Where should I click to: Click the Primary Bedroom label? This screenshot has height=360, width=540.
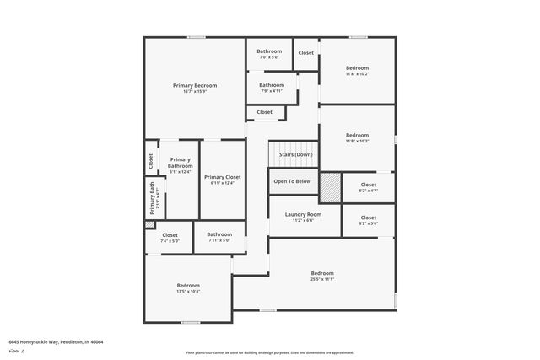pyautogui.click(x=195, y=85)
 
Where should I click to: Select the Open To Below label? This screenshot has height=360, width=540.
pyautogui.click(x=292, y=181)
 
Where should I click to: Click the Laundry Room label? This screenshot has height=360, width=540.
pyautogui.click(x=303, y=214)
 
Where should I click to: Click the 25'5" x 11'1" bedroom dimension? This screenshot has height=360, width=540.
pyautogui.click(x=322, y=279)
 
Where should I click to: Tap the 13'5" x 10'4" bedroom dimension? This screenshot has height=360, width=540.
pyautogui.click(x=187, y=292)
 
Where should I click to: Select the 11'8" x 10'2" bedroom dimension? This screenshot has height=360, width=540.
pyautogui.click(x=357, y=74)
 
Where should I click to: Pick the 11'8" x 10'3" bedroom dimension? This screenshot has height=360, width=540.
pyautogui.click(x=357, y=141)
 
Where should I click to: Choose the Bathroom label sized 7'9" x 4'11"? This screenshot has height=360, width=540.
pyautogui.click(x=272, y=84)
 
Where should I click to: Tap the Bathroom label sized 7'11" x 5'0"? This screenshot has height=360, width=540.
pyautogui.click(x=219, y=234)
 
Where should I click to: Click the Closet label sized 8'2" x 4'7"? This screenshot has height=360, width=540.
pyautogui.click(x=368, y=185)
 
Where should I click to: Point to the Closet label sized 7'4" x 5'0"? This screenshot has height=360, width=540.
pyautogui.click(x=170, y=235)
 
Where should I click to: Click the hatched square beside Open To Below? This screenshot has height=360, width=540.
pyautogui.click(x=329, y=187)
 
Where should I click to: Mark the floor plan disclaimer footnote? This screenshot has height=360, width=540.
pyautogui.click(x=270, y=353)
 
